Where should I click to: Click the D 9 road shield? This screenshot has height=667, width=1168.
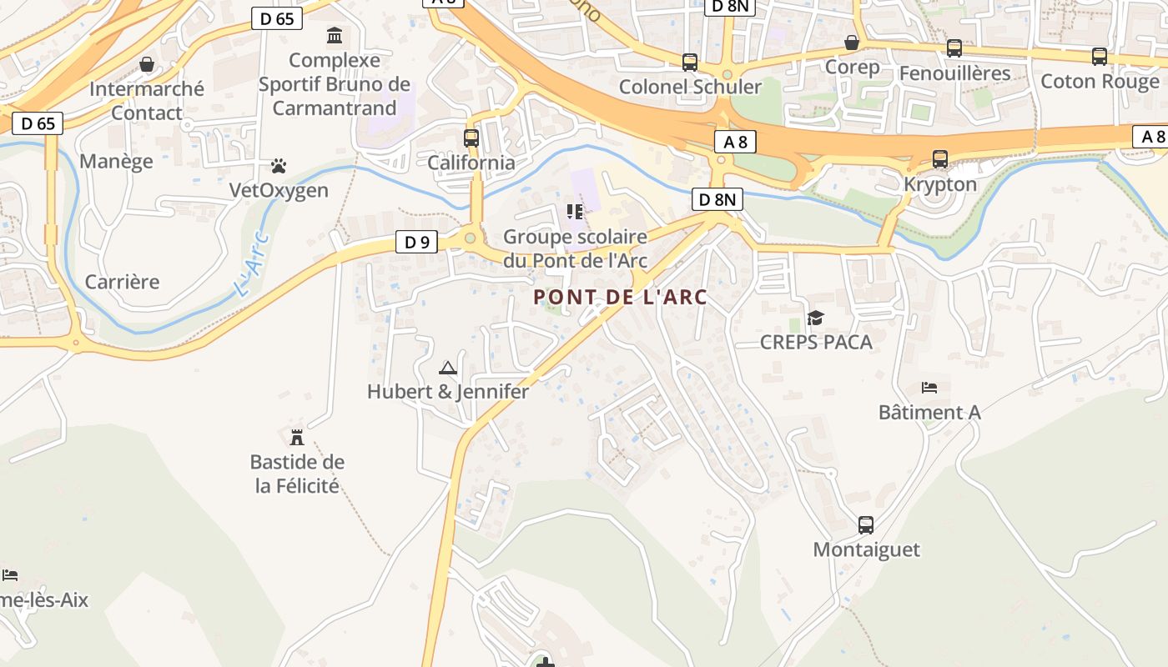point(416,243)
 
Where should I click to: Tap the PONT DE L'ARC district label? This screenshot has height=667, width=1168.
point(620,297)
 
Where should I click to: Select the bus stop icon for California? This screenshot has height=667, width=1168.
point(471,138)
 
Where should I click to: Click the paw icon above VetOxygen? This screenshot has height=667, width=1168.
point(279,167)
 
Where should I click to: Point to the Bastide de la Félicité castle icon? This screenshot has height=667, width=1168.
point(296,438)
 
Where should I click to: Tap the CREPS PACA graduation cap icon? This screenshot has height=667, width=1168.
point(815,318)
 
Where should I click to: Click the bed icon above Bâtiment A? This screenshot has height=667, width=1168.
point(929,388)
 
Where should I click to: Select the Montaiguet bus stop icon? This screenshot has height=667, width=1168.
point(866,525)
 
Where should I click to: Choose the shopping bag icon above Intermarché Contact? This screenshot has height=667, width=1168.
point(147,64)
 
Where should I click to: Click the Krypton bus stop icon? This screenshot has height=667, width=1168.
point(940,159)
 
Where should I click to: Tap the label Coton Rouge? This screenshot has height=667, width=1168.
point(1100,82)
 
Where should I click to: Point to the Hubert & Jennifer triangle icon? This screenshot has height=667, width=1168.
point(448,368)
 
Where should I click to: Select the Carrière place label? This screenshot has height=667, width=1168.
point(122,282)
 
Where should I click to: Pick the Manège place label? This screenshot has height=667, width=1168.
point(116,161)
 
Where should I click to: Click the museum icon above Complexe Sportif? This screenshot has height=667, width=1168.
point(335,36)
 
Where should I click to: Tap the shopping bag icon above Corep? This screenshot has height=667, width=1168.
point(852,43)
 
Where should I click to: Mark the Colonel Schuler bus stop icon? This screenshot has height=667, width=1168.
point(690,63)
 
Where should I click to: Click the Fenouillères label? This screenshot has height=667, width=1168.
point(954,73)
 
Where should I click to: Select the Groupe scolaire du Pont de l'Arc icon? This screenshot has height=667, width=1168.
point(574,212)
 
